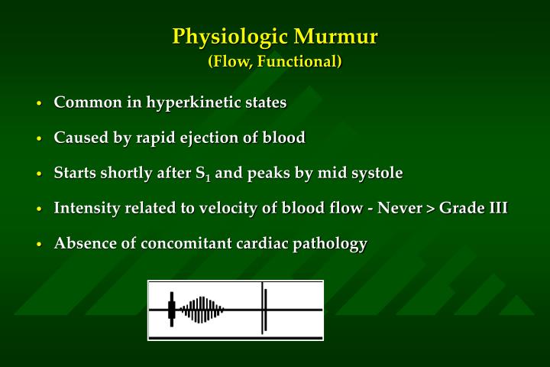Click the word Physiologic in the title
228,37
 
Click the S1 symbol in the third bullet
202,174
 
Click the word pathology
330,244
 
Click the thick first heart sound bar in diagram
172,310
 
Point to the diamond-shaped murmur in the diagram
202,310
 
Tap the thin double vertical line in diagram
264,309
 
